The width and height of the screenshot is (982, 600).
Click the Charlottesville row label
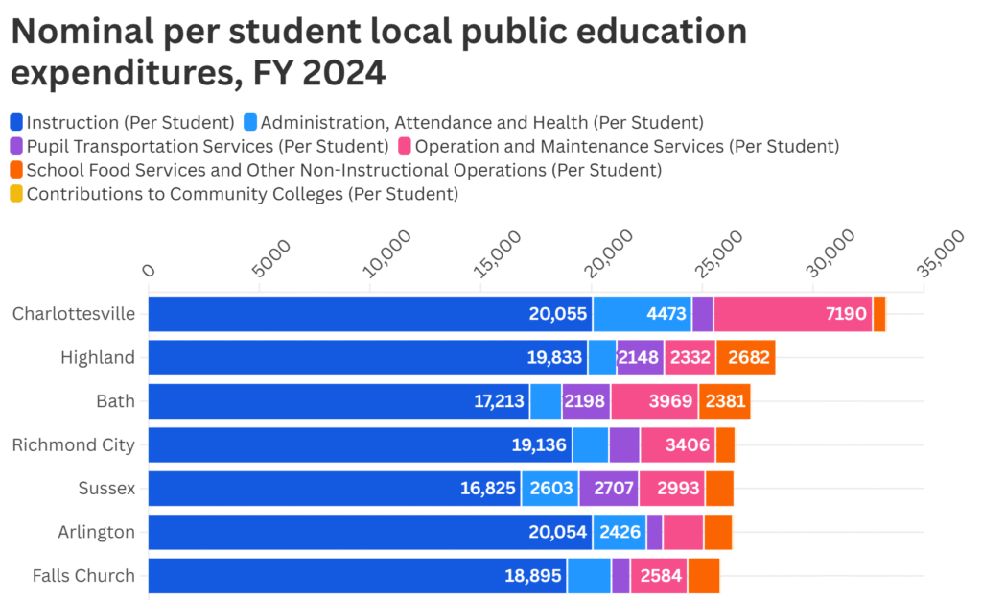pyautogui.click(x=73, y=314)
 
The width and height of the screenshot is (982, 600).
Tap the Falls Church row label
pyautogui.click(x=83, y=576)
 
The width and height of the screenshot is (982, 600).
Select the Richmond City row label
pyautogui.click(x=73, y=444)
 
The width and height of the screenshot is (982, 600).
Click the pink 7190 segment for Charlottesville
pyautogui.click(x=792, y=314)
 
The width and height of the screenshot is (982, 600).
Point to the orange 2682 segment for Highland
pyautogui.click(x=745, y=358)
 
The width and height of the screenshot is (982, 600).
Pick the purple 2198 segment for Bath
pyautogui.click(x=585, y=401)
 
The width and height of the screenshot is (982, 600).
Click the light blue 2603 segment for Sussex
pyautogui.click(x=549, y=489)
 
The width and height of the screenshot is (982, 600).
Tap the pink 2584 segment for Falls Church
pyautogui.click(x=659, y=576)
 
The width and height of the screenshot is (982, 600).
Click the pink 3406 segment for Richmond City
pyautogui.click(x=677, y=444)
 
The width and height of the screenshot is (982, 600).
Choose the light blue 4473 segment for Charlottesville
pyautogui.click(x=642, y=314)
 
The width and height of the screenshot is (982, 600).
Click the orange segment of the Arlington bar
pyautogui.click(x=717, y=532)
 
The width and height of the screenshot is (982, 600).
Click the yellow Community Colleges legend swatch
pyautogui.click(x=16, y=194)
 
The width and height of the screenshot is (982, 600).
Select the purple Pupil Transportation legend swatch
pyautogui.click(x=16, y=146)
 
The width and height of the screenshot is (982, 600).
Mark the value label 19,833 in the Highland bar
pyautogui.click(x=554, y=358)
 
